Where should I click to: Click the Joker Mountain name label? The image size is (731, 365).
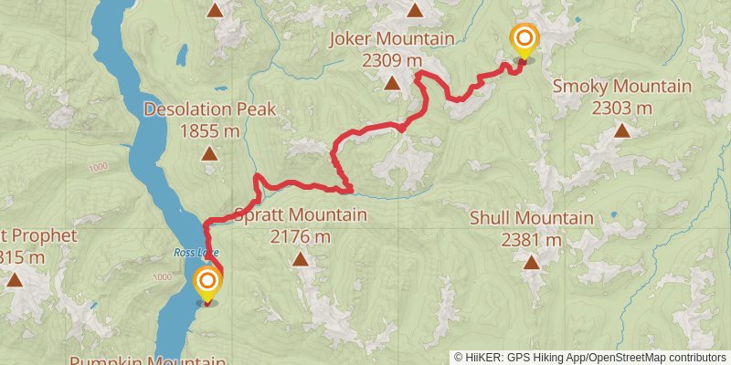[392, 39]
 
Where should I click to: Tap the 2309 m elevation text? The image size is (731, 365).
[392, 60]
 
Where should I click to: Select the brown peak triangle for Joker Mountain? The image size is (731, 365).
[392, 84]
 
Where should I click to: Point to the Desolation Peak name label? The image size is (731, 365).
[209, 109]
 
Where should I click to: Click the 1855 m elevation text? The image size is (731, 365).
[209, 130]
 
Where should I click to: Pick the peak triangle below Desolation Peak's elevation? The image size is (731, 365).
[209, 154]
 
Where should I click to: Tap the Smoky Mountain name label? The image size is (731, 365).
[621, 87]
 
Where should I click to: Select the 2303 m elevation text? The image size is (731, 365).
[621, 108]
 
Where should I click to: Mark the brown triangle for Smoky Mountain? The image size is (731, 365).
[621, 130]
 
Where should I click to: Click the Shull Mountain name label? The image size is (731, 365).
[531, 218]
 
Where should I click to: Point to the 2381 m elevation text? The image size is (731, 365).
[531, 239]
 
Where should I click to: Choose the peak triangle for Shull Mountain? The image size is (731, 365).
[531, 263]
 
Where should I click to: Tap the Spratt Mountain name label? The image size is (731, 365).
[301, 215]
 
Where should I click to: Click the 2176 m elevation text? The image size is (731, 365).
[301, 236]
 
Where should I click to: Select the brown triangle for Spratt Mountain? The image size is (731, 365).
[301, 259]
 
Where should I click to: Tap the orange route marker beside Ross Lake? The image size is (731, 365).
[207, 283]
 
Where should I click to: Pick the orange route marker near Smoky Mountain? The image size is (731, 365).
[524, 40]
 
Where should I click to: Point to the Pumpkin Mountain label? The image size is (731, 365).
[146, 360]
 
